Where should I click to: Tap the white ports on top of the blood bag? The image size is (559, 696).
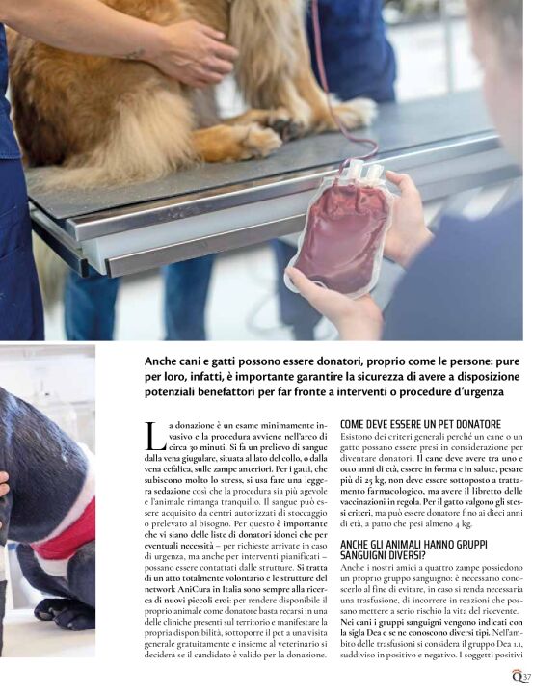point(362,172)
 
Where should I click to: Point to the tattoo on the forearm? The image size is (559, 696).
point(134,55)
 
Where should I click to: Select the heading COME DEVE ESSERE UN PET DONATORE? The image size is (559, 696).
point(420,424)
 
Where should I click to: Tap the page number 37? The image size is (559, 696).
point(526,678)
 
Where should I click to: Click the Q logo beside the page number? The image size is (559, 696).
point(517,676)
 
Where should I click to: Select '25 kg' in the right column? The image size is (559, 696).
point(369,480)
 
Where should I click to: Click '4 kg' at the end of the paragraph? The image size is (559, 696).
point(463,523)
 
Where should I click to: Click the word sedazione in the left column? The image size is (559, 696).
point(173,491)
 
